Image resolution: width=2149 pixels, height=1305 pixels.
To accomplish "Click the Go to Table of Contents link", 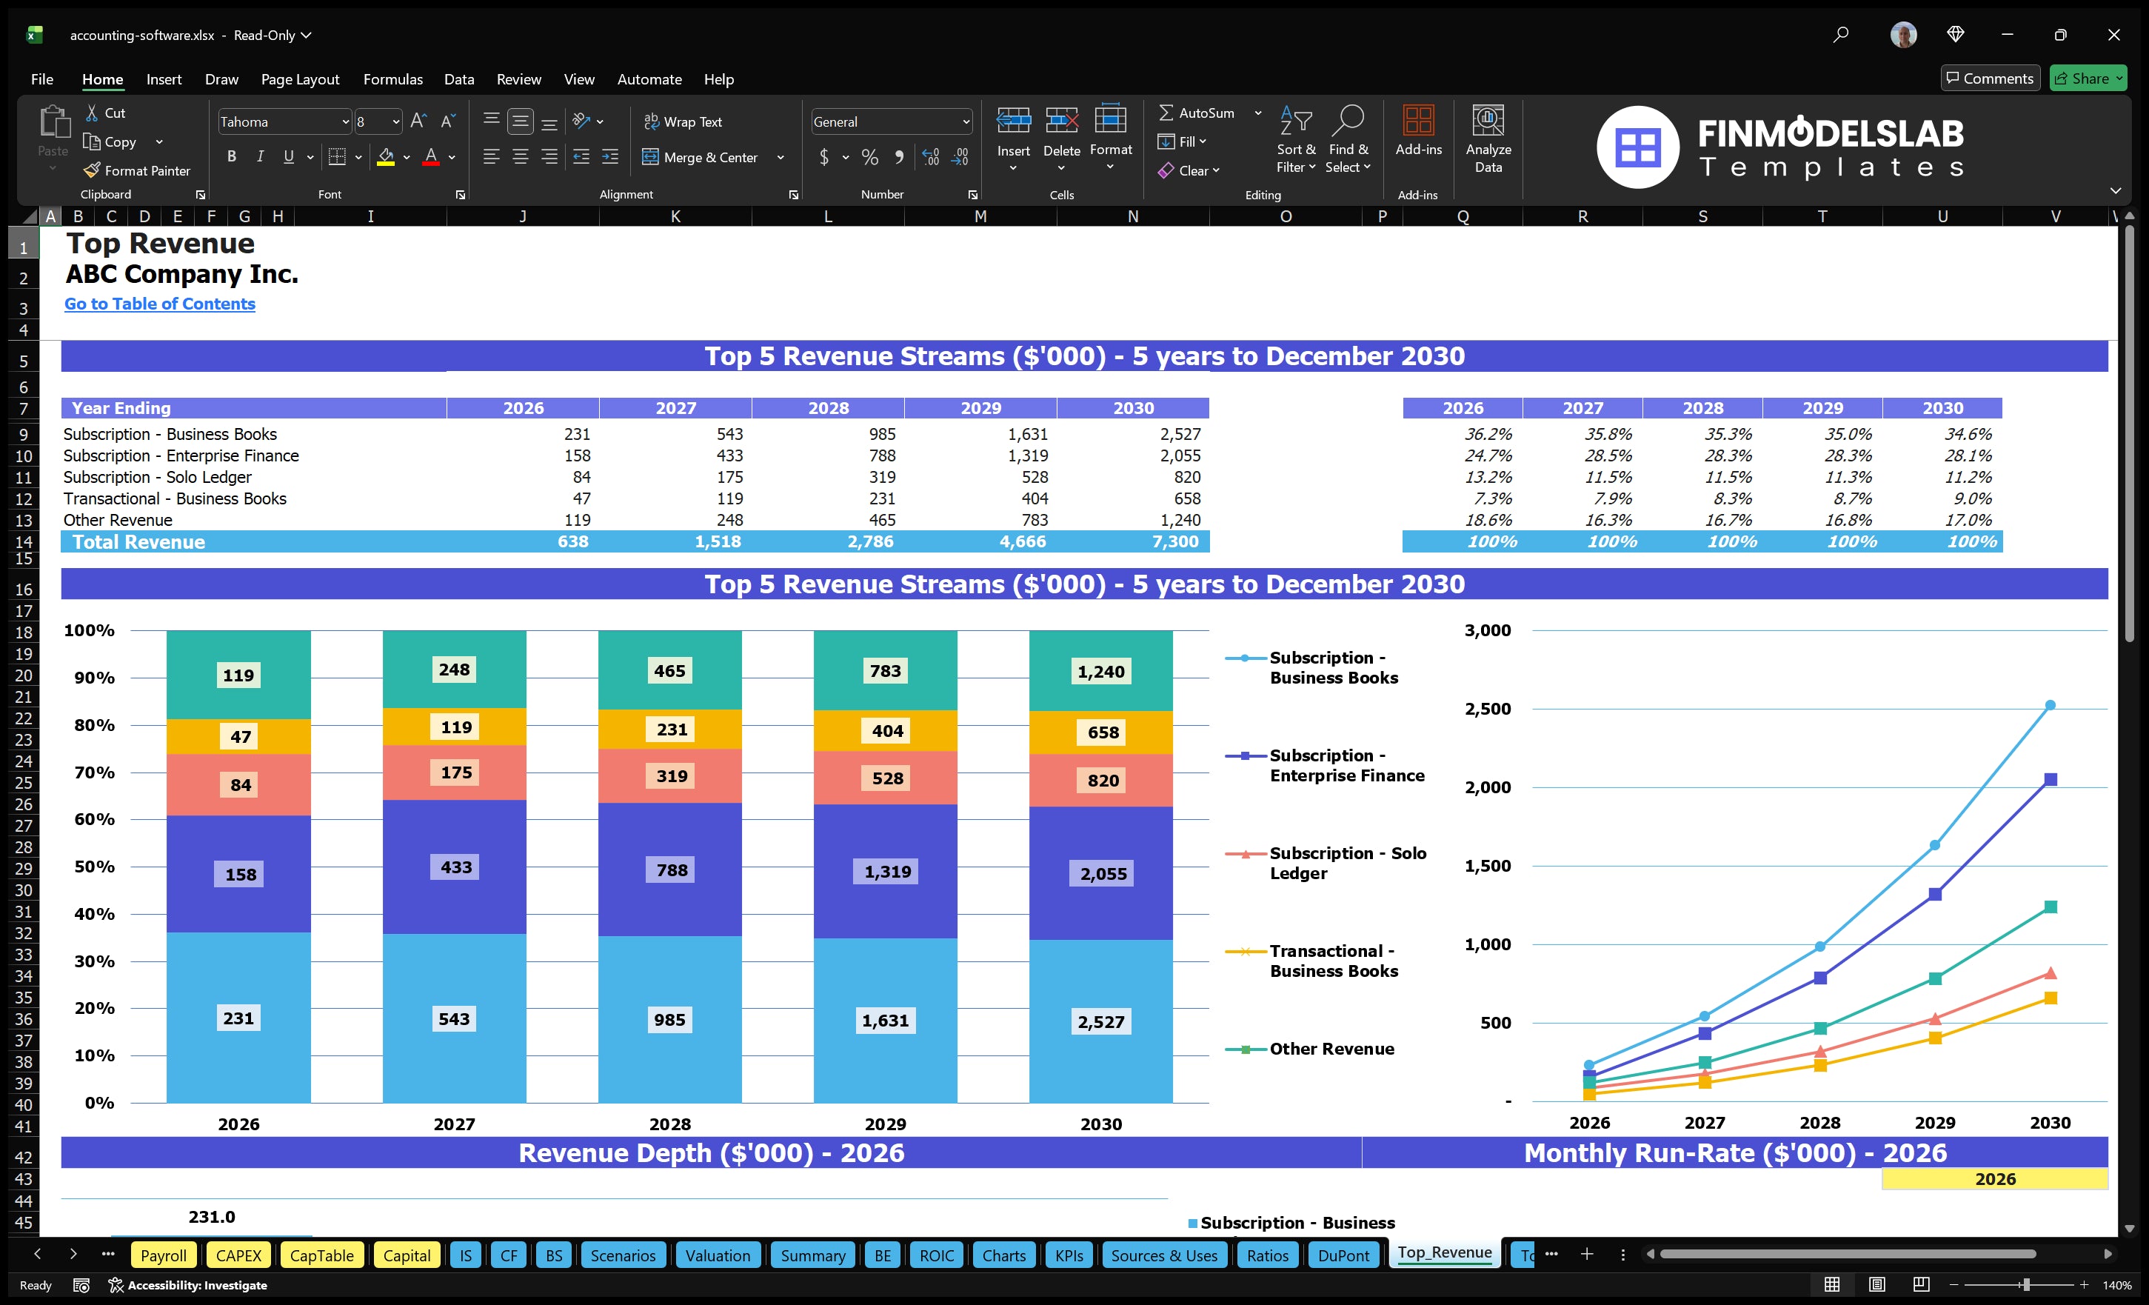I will tap(160, 304).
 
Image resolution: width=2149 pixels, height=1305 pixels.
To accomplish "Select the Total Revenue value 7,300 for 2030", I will tap(1173, 541).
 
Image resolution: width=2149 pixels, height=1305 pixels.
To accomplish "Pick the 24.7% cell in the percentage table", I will tap(1488, 455).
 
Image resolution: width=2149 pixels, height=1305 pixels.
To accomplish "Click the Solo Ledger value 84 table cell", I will tap(581, 477).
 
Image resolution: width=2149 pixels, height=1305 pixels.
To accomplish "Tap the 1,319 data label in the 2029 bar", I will tap(887, 872).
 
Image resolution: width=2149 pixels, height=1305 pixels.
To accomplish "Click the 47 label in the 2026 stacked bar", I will tap(240, 736).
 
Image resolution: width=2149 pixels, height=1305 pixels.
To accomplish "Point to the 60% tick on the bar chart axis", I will tap(94, 819).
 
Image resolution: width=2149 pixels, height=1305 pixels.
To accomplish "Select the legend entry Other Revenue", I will tap(1331, 1049).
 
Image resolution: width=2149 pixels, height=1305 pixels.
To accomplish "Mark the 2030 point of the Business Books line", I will tap(2050, 705).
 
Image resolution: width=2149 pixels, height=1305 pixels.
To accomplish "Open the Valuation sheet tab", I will tap(717, 1255).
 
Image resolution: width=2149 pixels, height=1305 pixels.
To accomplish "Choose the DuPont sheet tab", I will tap(1343, 1255).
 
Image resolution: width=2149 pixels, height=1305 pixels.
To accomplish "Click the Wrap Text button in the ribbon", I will tap(683, 122).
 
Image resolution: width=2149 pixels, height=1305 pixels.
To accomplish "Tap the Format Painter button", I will tap(137, 171).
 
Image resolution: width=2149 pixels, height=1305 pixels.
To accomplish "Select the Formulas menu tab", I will tap(392, 79).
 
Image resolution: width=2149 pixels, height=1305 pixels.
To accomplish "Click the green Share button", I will tap(2087, 79).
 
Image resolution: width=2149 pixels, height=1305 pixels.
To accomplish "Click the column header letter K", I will tap(675, 216).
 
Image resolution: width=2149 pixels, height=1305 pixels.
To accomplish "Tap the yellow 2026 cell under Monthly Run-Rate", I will tap(1995, 1179).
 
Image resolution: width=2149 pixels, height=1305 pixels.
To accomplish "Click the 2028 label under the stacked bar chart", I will tap(670, 1124).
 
